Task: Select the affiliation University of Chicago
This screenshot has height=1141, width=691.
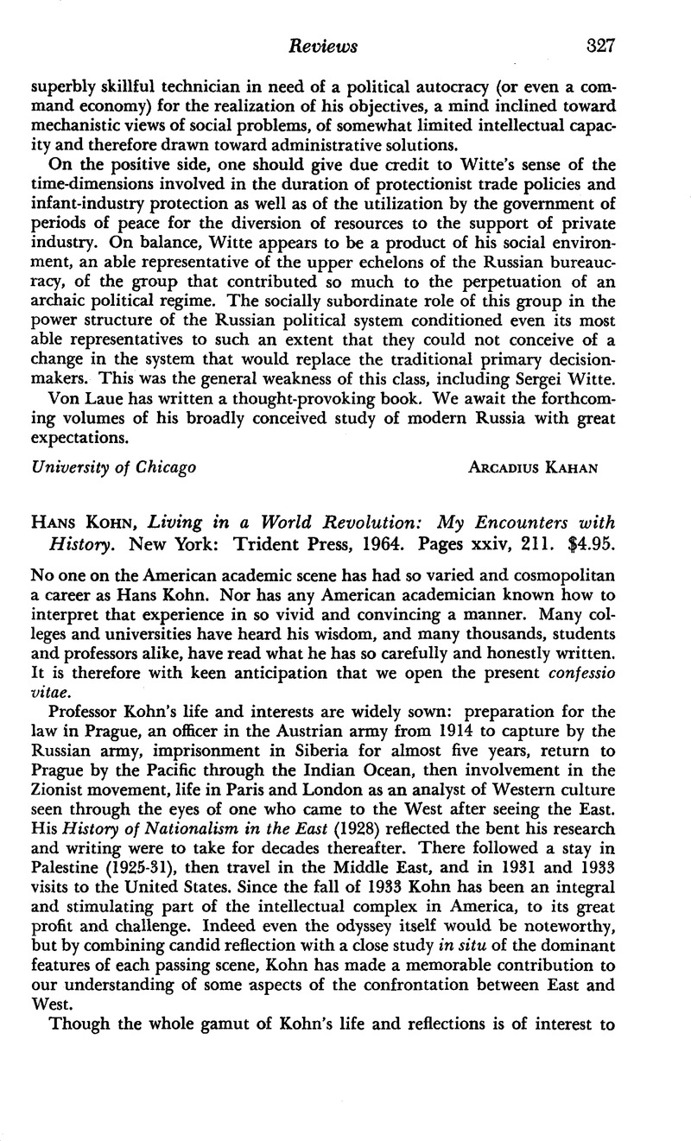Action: click(113, 467)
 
